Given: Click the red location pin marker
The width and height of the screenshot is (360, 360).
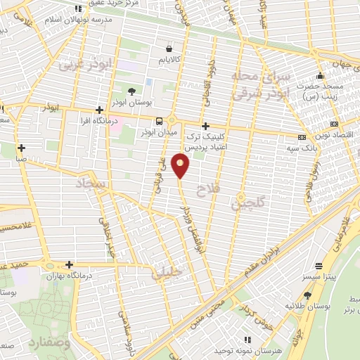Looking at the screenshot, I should (181, 165).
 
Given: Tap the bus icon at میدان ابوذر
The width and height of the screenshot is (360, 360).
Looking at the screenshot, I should (159, 120).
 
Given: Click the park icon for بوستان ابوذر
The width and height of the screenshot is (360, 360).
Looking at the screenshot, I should (131, 91).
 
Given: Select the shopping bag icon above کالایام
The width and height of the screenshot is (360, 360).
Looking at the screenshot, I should (169, 49).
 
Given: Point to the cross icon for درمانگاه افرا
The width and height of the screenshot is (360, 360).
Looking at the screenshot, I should (100, 110).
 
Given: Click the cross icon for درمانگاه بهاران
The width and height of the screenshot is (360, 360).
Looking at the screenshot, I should (69, 265).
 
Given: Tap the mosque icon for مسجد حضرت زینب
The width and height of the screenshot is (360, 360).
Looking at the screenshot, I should (320, 77).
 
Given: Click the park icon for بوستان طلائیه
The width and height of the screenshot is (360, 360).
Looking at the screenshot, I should (307, 296).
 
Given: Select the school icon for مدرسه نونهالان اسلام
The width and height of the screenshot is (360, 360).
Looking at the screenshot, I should (77, 9).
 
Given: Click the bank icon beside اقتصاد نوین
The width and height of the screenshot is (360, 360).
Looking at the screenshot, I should (302, 137).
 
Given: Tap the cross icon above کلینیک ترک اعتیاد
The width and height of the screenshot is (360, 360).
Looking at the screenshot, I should (205, 127).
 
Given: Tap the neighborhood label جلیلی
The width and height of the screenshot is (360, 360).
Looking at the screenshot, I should (167, 271).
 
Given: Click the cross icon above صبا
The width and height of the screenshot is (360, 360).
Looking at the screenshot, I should (22, 148).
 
